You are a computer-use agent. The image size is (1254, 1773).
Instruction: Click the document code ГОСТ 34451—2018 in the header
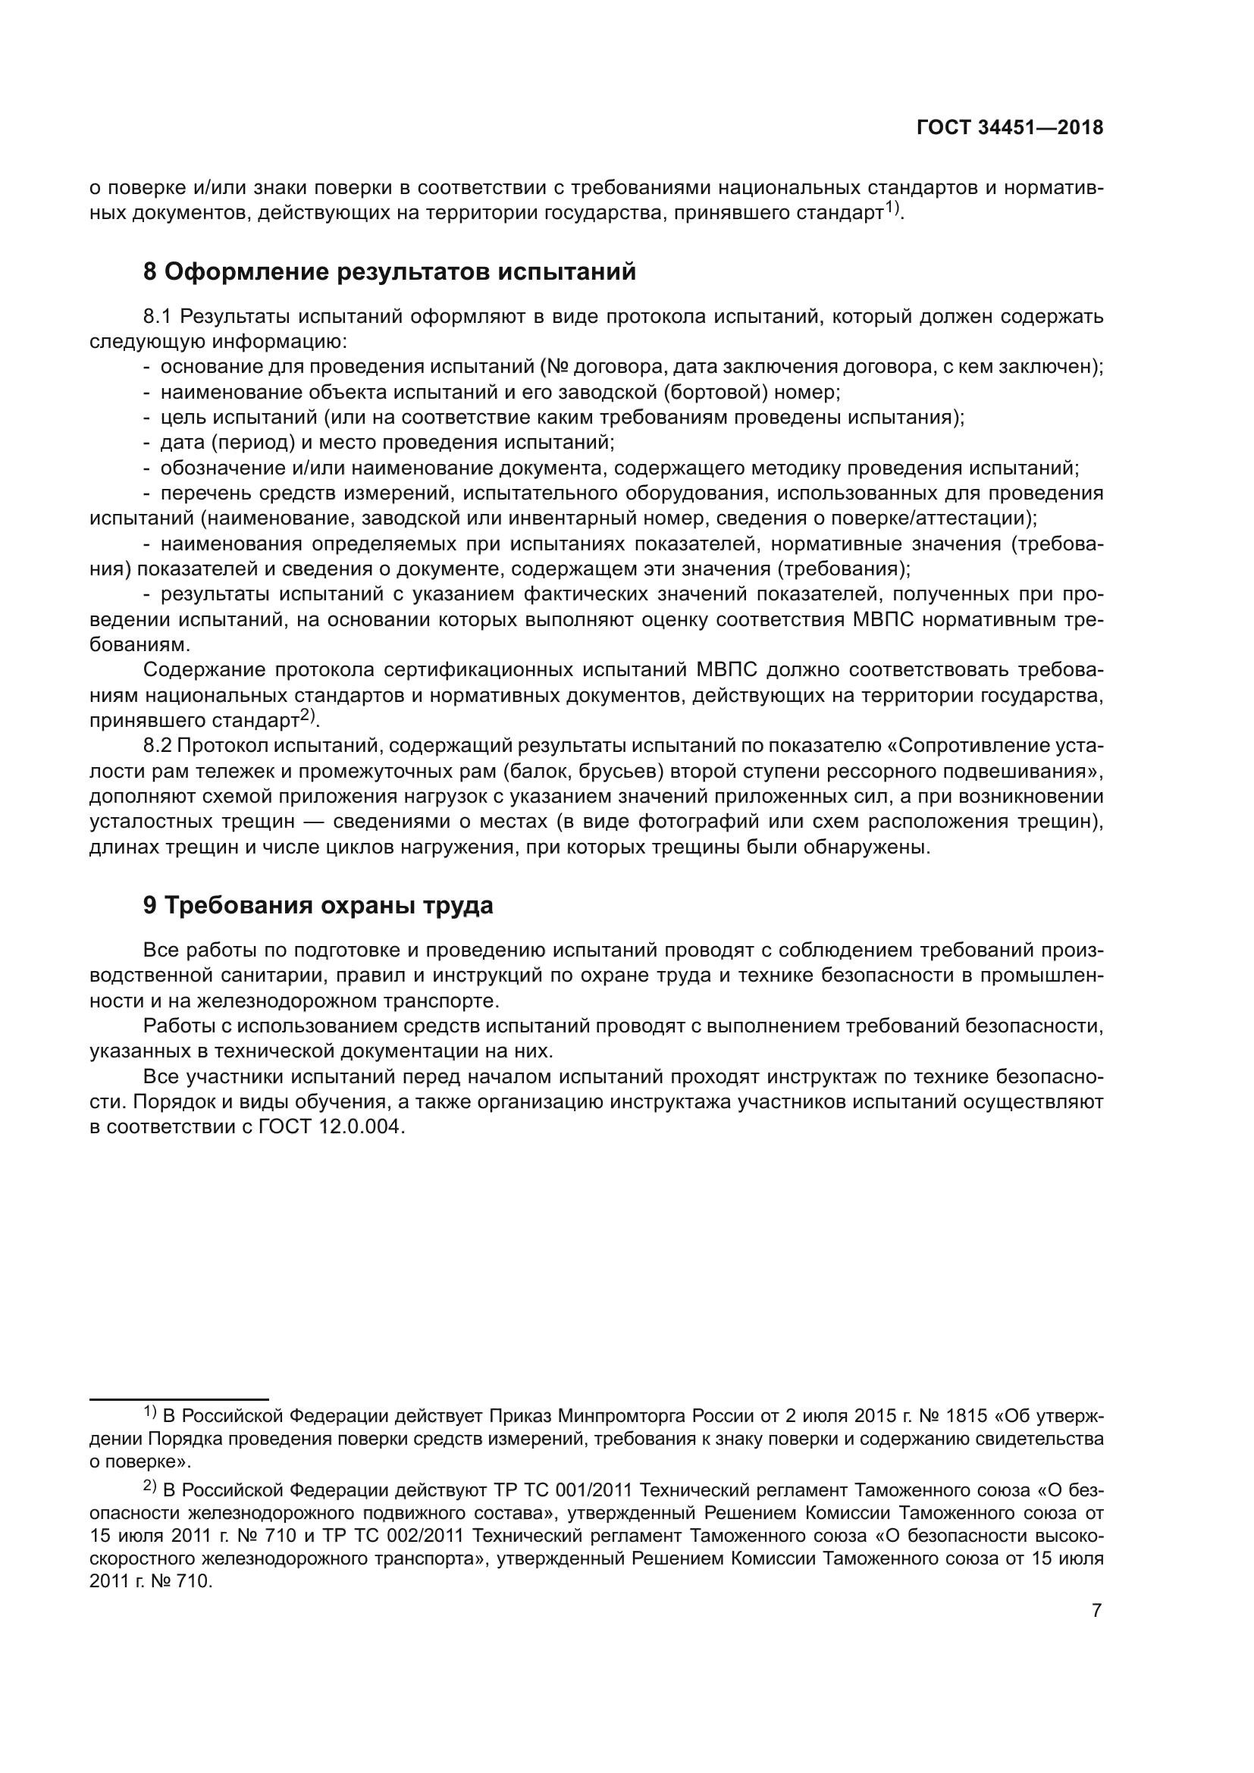coord(1009,128)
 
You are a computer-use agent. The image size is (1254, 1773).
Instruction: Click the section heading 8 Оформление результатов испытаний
coord(389,272)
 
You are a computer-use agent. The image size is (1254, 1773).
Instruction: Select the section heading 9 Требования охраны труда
coord(318,905)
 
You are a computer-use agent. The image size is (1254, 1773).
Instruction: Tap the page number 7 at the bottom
coord(1096,1610)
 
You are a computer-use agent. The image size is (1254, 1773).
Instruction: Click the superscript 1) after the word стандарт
coord(892,208)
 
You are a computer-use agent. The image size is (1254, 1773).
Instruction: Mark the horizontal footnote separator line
coord(178,1399)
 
